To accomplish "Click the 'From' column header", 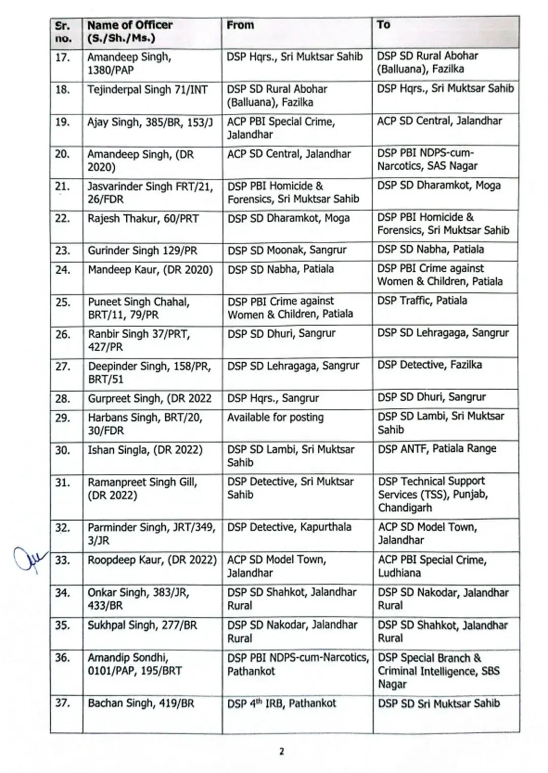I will click(241, 25).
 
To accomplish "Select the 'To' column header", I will click(384, 24).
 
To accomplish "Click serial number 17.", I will click(62, 57).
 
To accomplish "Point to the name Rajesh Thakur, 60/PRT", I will click(143, 219).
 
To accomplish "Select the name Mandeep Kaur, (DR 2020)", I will click(150, 269).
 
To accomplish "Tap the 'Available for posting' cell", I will click(276, 417).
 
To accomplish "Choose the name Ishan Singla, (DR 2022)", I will click(145, 449).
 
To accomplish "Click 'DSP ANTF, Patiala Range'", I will click(437, 448).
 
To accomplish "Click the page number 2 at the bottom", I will click(282, 751).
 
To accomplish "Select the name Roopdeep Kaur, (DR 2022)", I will click(152, 560).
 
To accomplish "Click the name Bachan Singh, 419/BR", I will click(141, 703).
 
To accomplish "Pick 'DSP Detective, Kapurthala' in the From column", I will click(289, 527).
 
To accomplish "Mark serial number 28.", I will click(62, 399).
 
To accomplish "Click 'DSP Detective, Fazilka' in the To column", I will click(429, 365).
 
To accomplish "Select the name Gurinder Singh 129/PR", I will click(143, 250).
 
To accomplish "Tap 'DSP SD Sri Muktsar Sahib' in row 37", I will click(439, 703).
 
